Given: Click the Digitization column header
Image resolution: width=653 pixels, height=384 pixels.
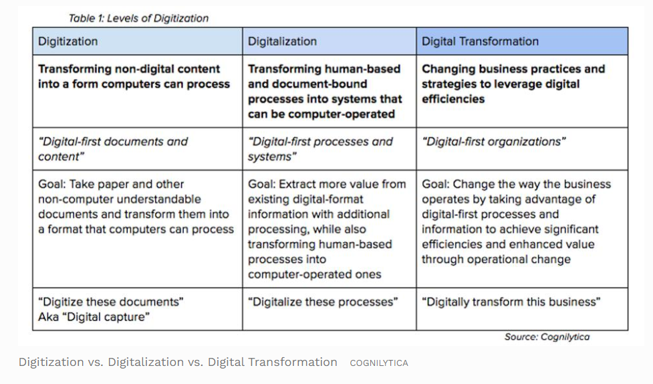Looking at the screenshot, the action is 138,41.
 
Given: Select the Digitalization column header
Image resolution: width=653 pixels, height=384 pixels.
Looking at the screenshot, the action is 330,41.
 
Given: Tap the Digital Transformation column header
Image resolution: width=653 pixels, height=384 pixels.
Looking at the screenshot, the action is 522,41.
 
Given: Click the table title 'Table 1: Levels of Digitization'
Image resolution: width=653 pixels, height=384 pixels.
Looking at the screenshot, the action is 138,18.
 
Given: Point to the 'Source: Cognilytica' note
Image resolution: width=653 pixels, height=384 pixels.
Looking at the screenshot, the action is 547,337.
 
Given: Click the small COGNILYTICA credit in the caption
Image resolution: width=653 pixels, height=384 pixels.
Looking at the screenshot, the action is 379,363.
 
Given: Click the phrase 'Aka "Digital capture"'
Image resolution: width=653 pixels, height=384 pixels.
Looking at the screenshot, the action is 94,317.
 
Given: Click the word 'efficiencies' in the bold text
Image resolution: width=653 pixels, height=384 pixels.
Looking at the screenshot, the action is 453,99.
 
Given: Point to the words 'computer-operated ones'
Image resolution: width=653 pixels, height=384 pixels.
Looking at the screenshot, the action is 314,274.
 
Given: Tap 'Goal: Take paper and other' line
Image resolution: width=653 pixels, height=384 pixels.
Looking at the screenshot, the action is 111,184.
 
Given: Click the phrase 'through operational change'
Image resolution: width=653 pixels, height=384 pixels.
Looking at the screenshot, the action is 496,260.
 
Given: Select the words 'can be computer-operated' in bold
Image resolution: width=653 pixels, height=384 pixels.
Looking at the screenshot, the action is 321,114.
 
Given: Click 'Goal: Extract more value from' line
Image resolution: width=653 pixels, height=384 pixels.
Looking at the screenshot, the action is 327,184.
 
